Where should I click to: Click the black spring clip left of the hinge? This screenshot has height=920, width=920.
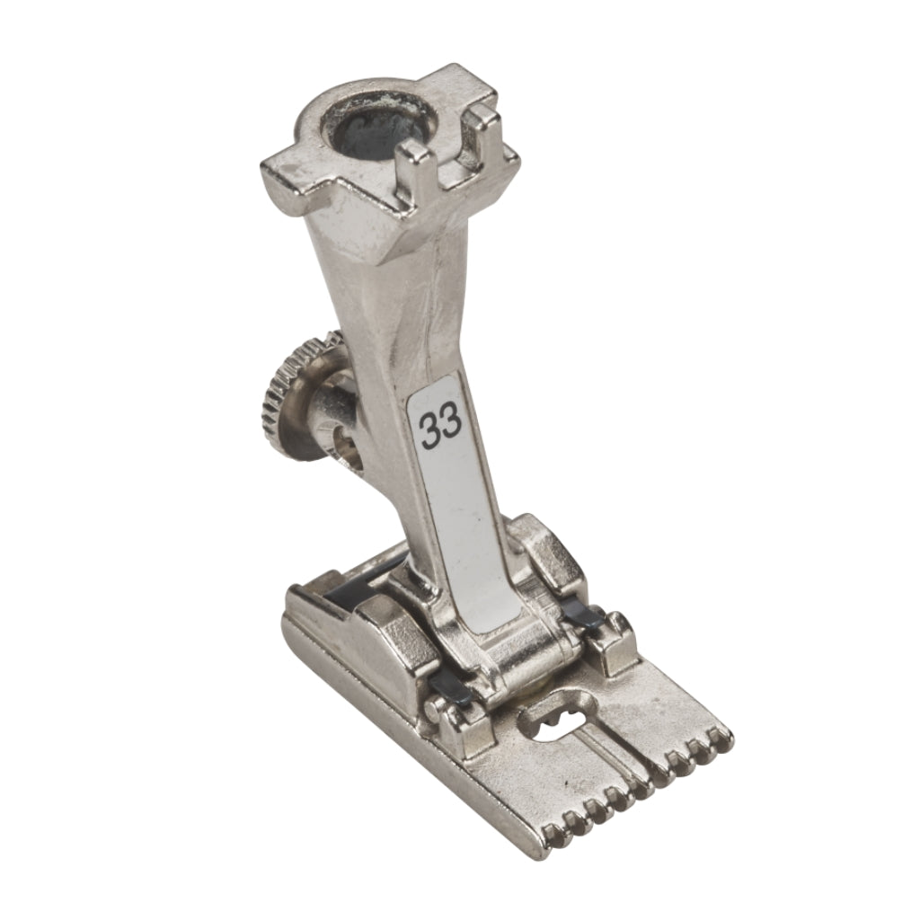point(450,687)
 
